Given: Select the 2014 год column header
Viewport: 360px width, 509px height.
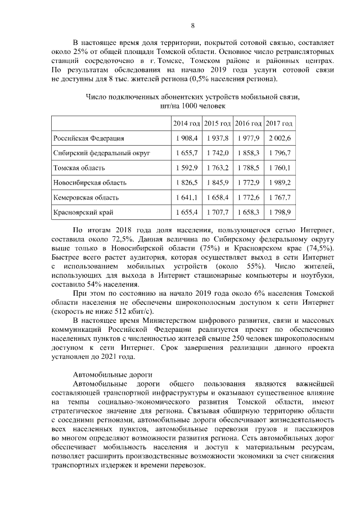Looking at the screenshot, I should tap(186, 123).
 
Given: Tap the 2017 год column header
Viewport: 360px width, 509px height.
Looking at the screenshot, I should tap(279, 123).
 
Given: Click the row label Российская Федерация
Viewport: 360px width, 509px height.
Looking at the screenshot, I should tap(88, 138).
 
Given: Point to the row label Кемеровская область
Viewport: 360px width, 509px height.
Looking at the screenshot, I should tap(85, 198).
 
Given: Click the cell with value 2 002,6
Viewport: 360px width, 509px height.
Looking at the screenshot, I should tap(279, 138).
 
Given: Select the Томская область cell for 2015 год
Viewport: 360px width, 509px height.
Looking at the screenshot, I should tap(217, 168).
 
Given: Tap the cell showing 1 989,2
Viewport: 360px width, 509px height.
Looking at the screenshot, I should tap(279, 183).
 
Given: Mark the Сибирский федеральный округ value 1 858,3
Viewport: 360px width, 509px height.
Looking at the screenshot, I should tap(248, 153).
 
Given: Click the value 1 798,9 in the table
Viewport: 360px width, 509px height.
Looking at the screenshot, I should tap(279, 213).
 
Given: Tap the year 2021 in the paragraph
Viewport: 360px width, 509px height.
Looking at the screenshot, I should tap(112, 356).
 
